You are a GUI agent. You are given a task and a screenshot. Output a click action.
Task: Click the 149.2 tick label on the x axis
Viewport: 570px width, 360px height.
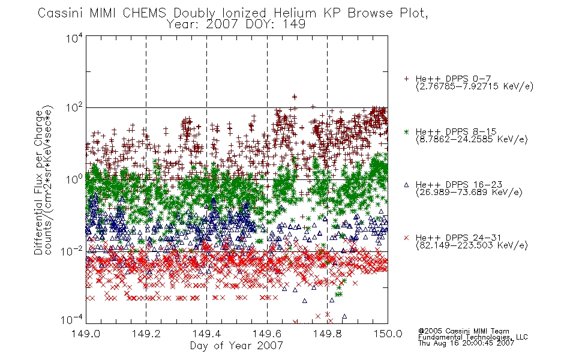(146, 334)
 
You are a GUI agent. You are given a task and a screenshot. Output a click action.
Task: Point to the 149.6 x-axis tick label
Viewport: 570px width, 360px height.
(267, 334)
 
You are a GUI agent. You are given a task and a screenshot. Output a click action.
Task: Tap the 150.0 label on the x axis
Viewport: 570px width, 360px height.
(388, 334)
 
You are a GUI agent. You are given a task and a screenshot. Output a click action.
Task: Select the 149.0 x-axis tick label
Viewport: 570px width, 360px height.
(86, 334)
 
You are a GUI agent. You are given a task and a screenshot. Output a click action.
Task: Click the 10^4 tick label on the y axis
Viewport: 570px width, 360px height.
(74, 38)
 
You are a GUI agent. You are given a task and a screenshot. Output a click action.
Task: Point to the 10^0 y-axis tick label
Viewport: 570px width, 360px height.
(74, 179)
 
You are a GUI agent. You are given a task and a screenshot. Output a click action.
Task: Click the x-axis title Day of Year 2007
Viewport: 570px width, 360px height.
(236, 346)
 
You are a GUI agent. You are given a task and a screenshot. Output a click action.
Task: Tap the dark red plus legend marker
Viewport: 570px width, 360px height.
(406, 79)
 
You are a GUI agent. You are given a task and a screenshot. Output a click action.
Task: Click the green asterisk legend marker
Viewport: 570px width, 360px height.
(406, 131)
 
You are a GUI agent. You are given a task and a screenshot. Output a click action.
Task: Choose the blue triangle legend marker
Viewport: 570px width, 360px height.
(406, 185)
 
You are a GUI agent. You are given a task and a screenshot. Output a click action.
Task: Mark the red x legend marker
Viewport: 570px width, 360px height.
(406, 238)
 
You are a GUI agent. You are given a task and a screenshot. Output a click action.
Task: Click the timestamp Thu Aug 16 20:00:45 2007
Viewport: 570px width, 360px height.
(466, 343)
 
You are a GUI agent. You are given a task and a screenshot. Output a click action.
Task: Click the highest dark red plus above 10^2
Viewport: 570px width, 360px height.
(295, 97)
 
